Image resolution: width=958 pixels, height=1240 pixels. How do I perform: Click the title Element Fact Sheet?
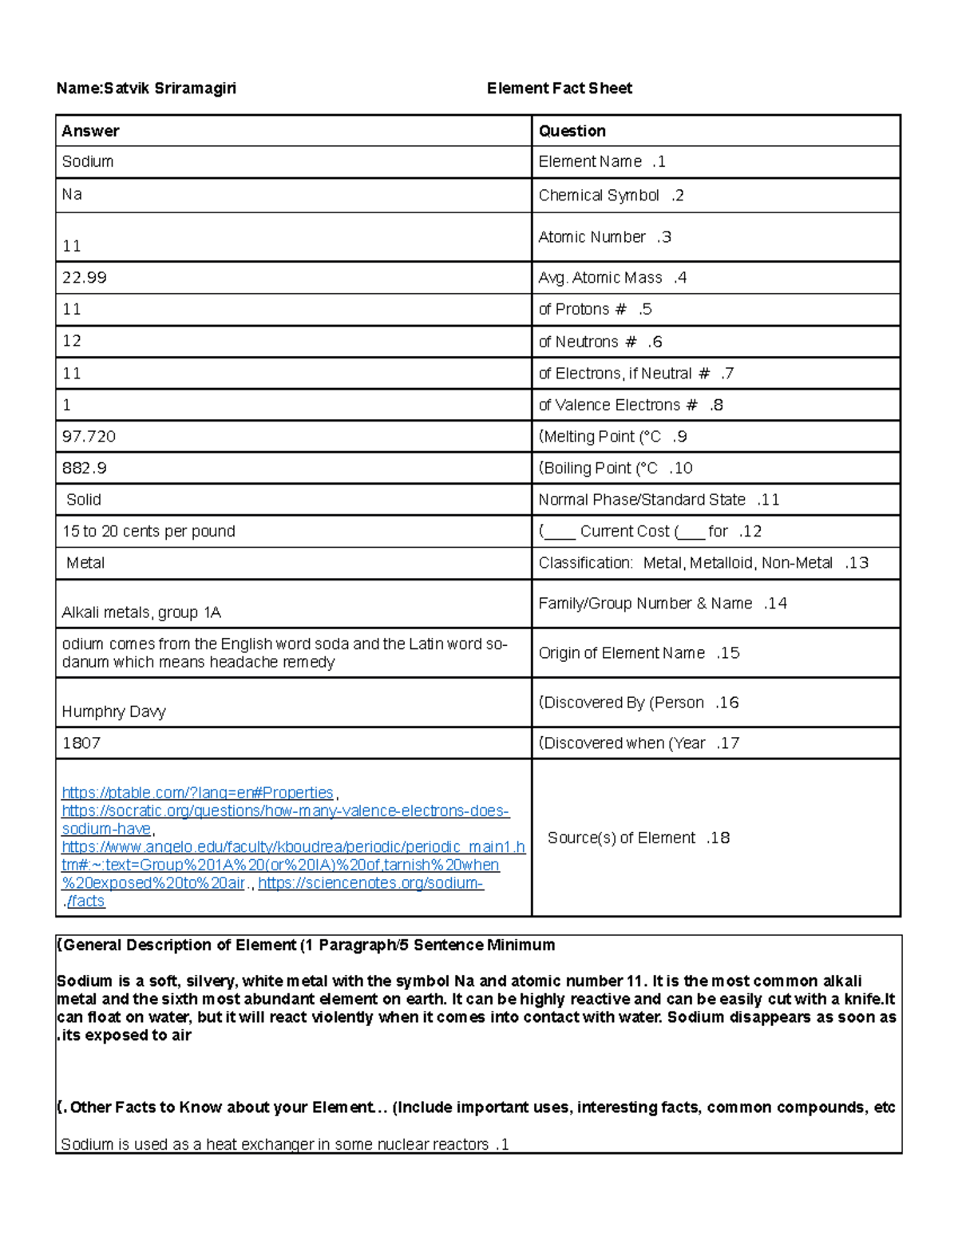pos(559,89)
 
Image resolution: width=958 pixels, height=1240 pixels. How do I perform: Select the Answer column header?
pos(90,131)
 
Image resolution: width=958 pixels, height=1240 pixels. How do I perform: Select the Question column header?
pos(572,131)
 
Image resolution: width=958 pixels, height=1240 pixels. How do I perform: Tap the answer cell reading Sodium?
pos(88,161)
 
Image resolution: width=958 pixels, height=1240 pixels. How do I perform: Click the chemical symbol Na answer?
pos(72,195)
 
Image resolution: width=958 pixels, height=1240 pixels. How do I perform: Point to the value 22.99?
pos(84,278)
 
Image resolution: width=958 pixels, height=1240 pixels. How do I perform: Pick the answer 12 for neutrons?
pos(72,342)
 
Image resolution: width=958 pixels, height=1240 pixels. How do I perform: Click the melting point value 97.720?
pos(89,437)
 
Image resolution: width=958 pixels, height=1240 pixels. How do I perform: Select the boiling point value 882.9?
pos(84,469)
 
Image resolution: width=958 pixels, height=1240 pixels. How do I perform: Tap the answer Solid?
pos(83,500)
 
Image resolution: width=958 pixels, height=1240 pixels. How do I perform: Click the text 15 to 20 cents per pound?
pos(148,532)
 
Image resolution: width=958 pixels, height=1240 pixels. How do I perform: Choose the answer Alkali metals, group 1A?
pos(141,613)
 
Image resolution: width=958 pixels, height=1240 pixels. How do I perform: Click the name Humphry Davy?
pos(113,712)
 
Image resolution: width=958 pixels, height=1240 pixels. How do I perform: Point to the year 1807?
pos(81,743)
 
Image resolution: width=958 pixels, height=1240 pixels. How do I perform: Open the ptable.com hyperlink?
pos(197,793)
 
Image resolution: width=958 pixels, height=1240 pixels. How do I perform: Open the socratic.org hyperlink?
pos(285,811)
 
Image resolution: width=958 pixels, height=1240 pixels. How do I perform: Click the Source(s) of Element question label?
pos(638,838)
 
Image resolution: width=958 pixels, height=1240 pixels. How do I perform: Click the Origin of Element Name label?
pos(638,653)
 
